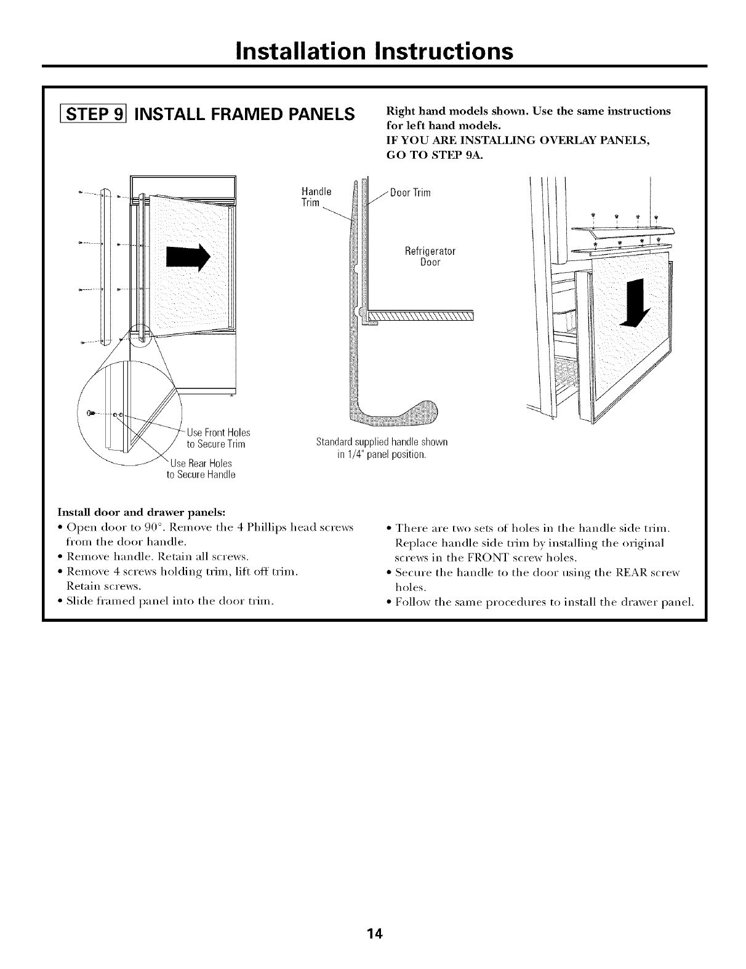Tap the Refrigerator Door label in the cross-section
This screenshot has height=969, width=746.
pos(430,257)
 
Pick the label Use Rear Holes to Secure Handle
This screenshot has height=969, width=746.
pos(201,468)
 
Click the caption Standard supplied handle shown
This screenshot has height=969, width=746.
pos(381,442)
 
